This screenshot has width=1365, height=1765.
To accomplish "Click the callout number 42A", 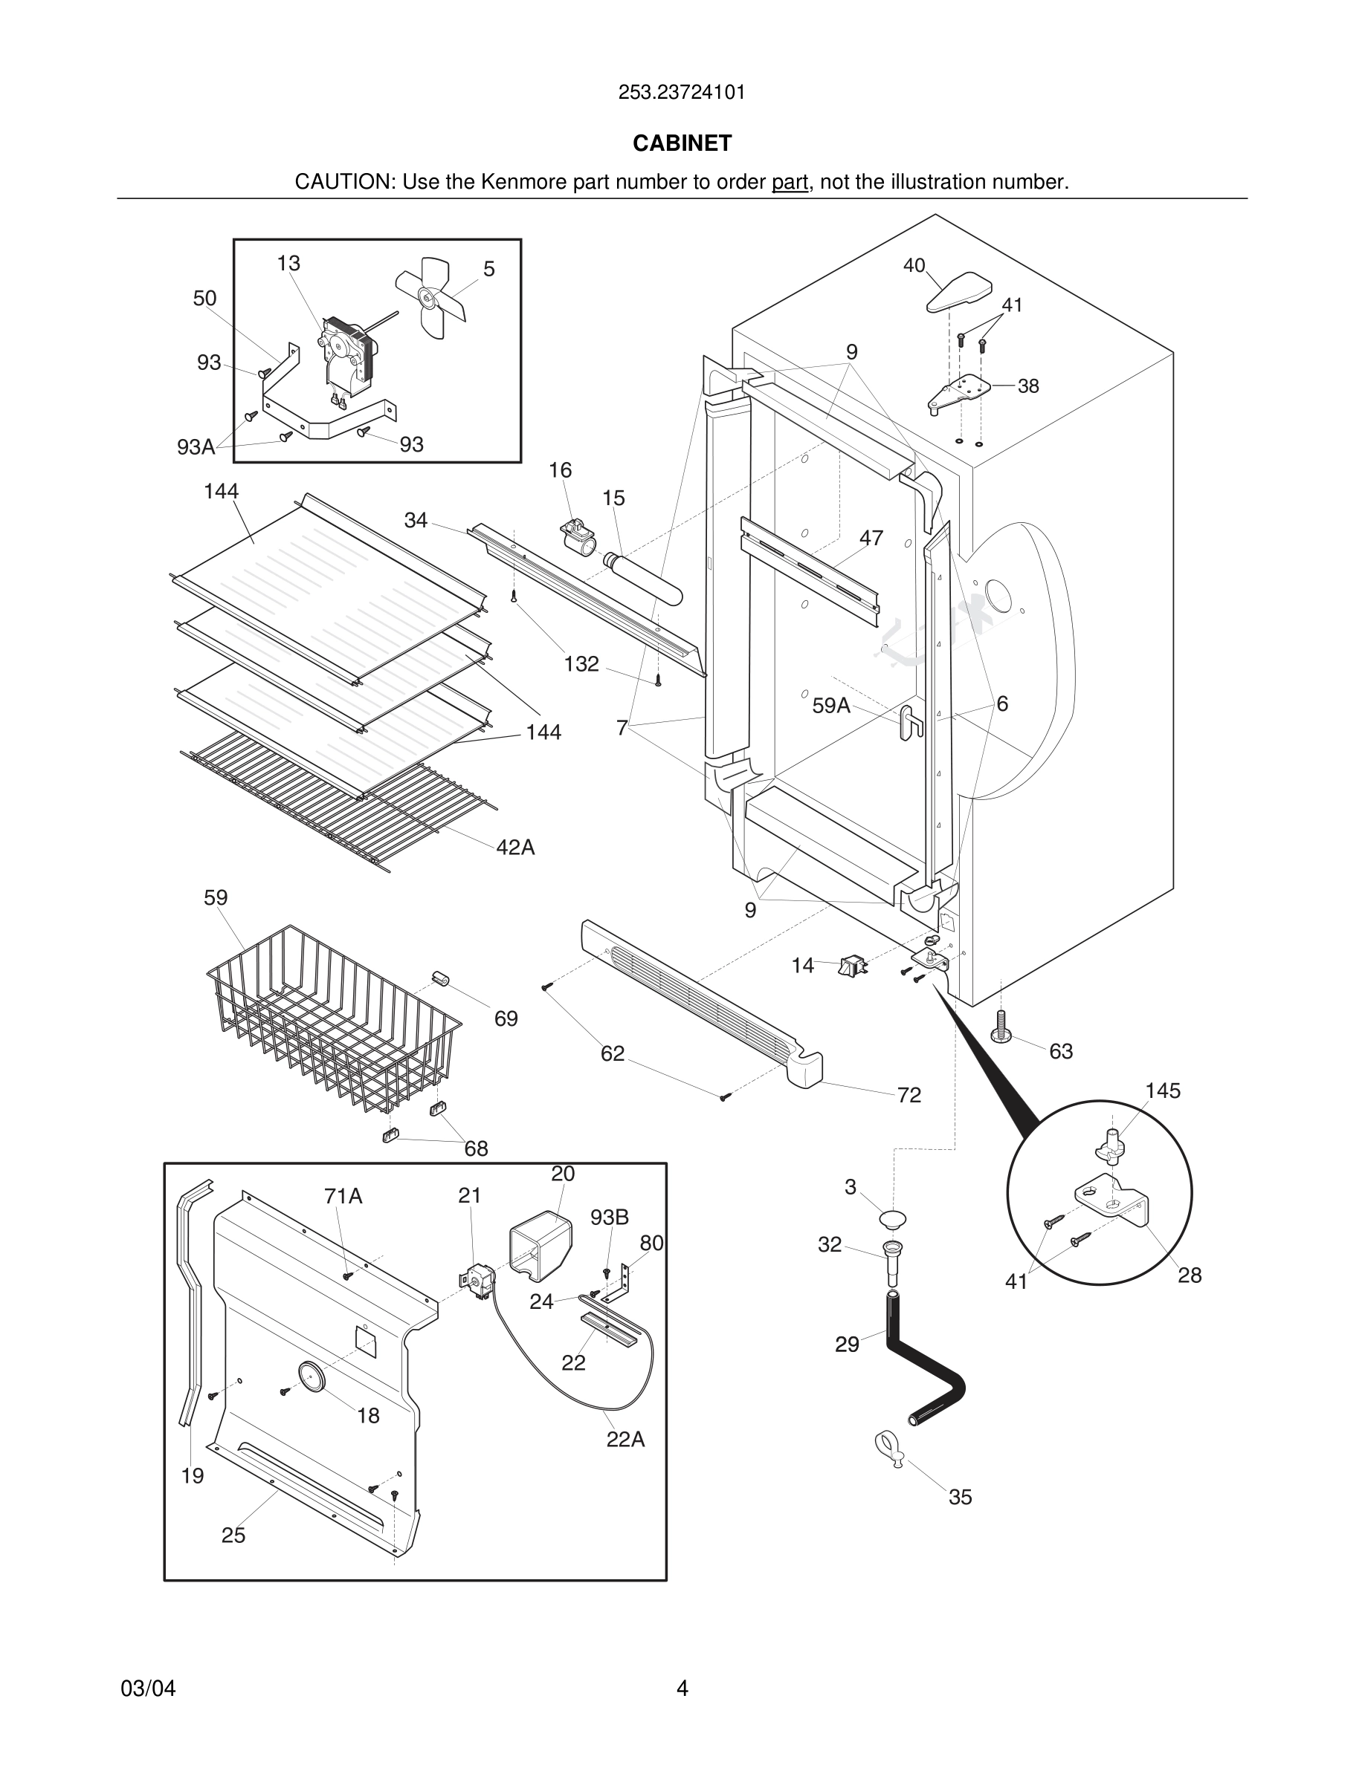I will click(x=515, y=847).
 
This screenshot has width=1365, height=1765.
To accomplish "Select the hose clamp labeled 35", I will click(x=888, y=1447).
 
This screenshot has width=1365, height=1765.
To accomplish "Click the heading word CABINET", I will click(x=682, y=143).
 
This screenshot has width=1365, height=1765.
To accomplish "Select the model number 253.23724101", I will click(x=682, y=93).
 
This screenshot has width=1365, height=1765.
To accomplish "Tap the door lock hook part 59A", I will click(x=911, y=721).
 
